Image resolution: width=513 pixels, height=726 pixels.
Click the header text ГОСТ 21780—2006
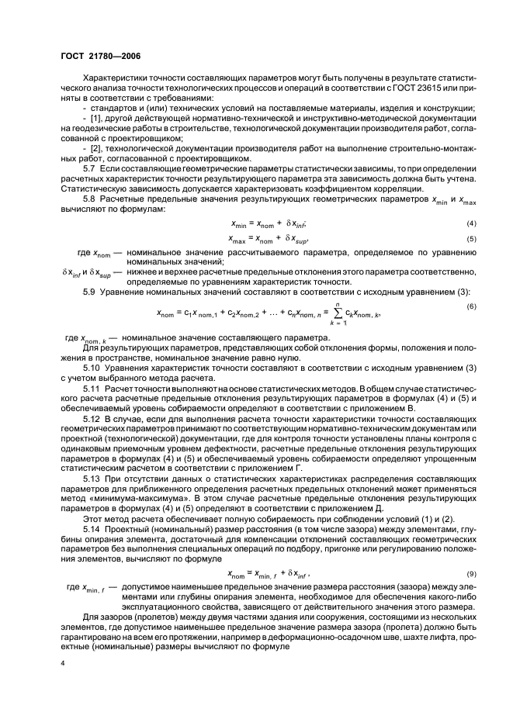click(x=96, y=56)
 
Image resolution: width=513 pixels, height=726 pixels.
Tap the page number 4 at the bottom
click(x=62, y=663)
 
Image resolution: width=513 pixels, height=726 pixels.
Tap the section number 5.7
click(x=90, y=168)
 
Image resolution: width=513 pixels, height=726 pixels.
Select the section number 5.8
click(x=90, y=200)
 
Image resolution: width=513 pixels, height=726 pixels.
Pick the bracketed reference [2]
click(x=92, y=147)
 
